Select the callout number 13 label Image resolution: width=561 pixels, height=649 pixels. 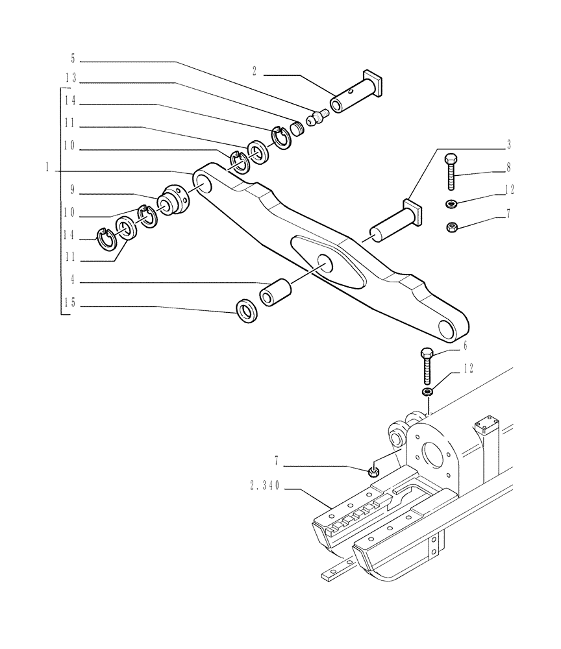point(71,77)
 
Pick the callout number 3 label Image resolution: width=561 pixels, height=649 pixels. point(509,142)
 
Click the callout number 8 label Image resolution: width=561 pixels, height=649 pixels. point(509,167)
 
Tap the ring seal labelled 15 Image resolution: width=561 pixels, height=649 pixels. point(247,310)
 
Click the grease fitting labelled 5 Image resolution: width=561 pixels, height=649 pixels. point(316,118)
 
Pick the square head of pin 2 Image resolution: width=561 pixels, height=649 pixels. point(375,81)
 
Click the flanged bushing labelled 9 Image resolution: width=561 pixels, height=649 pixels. point(173,198)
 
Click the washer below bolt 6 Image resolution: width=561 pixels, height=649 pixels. point(427,393)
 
